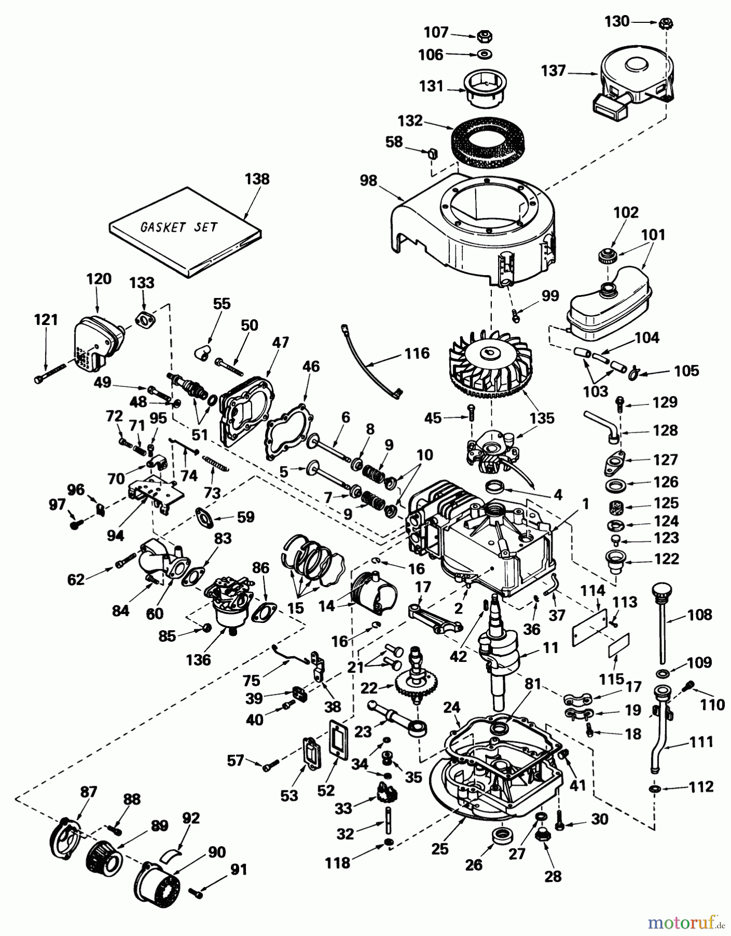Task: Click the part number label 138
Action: click(x=257, y=179)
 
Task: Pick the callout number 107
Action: click(x=436, y=32)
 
